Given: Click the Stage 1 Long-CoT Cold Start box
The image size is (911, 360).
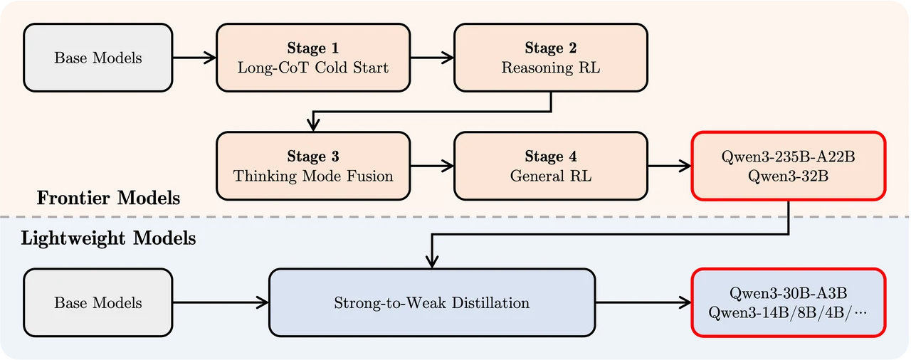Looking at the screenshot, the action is tap(313, 58).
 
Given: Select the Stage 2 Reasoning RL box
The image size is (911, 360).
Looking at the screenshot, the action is tap(551, 58).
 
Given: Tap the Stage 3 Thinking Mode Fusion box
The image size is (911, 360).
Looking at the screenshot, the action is tap(313, 166).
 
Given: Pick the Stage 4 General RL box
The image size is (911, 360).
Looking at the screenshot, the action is tap(551, 166).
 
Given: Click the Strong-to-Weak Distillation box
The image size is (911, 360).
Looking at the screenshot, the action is tap(432, 302).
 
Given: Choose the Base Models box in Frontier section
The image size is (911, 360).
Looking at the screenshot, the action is tap(98, 58).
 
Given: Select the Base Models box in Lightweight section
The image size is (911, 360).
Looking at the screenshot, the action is tap(98, 302).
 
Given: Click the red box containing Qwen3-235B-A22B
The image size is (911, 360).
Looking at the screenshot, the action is tap(788, 166).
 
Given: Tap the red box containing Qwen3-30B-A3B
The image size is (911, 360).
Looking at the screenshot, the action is tap(788, 302).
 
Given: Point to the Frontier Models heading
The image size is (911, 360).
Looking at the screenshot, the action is tap(108, 198).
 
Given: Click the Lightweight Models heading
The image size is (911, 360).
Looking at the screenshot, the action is tap(108, 238).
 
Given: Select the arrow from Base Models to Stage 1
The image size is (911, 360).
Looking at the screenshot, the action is tap(194, 58).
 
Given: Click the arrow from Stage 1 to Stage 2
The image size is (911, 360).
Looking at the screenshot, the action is tap(432, 58).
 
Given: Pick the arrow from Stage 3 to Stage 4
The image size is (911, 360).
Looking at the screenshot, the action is tap(432, 166).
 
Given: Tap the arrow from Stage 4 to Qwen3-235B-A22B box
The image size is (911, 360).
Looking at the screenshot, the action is tap(670, 166).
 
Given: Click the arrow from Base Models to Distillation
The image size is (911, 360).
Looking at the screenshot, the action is tap(221, 302).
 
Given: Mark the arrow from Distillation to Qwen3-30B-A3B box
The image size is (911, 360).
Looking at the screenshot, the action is tap(644, 302).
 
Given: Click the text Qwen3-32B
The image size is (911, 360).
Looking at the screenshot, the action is tap(788, 176).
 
